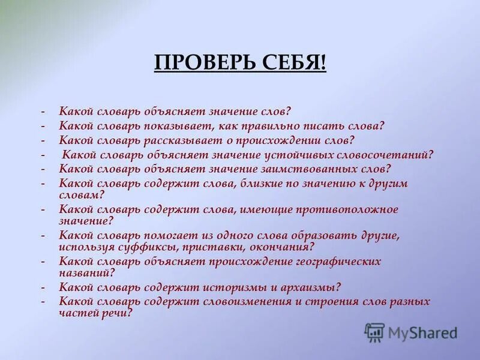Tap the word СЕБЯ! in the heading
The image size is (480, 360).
coord(296,62)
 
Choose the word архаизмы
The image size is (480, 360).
coord(311,287)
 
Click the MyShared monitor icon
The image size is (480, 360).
coord(375,332)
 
